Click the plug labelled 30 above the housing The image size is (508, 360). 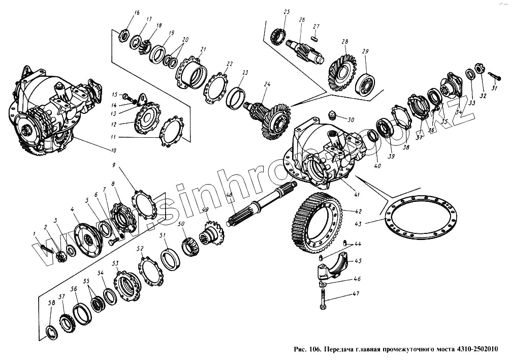[332, 115]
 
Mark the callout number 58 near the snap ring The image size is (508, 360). [51, 303]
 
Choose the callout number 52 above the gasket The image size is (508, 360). [141, 249]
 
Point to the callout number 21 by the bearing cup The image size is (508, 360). [203, 49]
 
